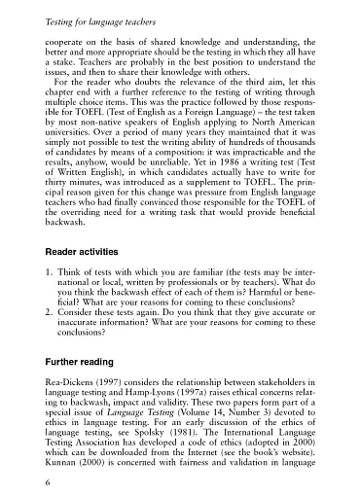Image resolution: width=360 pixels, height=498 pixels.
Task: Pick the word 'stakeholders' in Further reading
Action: (287, 388)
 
